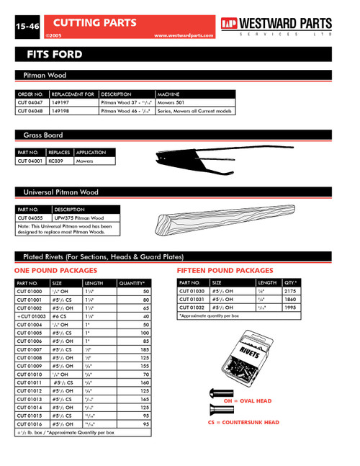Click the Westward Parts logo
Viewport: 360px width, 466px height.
pos(276,25)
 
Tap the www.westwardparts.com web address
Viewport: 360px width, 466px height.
pos(184,35)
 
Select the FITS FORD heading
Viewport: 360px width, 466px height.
pos(55,55)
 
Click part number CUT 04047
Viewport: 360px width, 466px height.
pos(30,102)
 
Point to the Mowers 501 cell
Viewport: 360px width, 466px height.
pos(171,102)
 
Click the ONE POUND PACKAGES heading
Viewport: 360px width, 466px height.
pos(56,270)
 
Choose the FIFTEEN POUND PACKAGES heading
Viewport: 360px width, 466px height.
pos(225,270)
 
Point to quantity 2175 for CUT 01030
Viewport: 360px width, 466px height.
pos(291,291)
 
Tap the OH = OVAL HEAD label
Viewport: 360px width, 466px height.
pos(247,400)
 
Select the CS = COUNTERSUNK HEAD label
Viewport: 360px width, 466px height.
pos(243,422)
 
